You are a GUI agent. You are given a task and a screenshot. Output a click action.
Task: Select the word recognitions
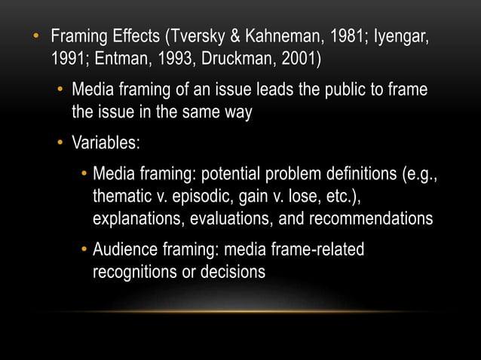pos(134,272)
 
